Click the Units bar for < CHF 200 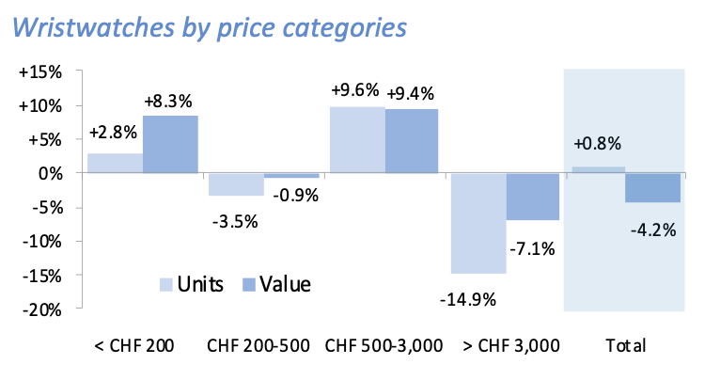(x=115, y=163)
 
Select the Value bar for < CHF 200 (x=170, y=144)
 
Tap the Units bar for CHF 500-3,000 (x=356, y=140)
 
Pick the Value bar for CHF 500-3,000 (x=411, y=141)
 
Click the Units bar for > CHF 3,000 (x=478, y=223)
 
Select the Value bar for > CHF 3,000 (x=532, y=197)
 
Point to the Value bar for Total (x=653, y=187)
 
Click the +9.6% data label (x=355, y=91)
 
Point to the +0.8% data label (x=597, y=144)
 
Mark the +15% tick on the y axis (x=42, y=72)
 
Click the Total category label (x=626, y=345)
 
